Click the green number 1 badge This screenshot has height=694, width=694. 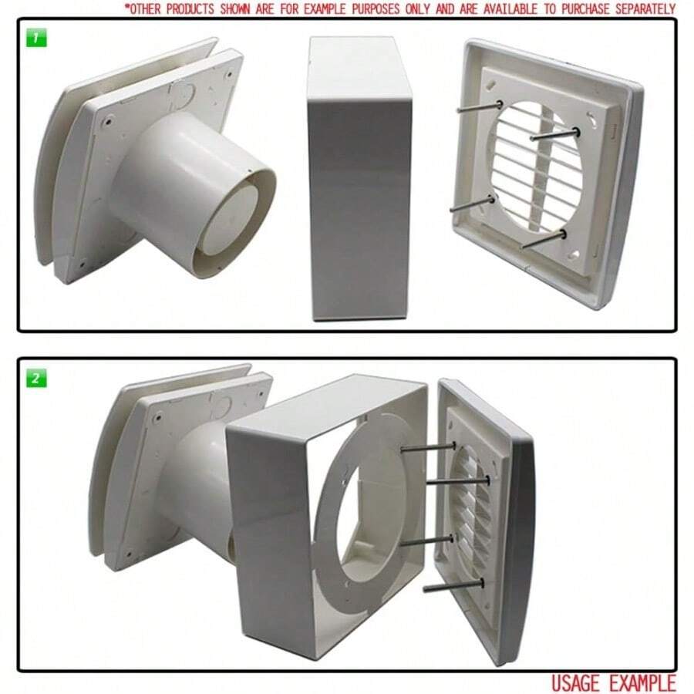(36, 38)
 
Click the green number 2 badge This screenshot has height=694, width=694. (36, 379)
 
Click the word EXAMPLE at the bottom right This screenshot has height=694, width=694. (643, 682)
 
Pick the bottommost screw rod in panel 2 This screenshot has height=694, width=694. (451, 588)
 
